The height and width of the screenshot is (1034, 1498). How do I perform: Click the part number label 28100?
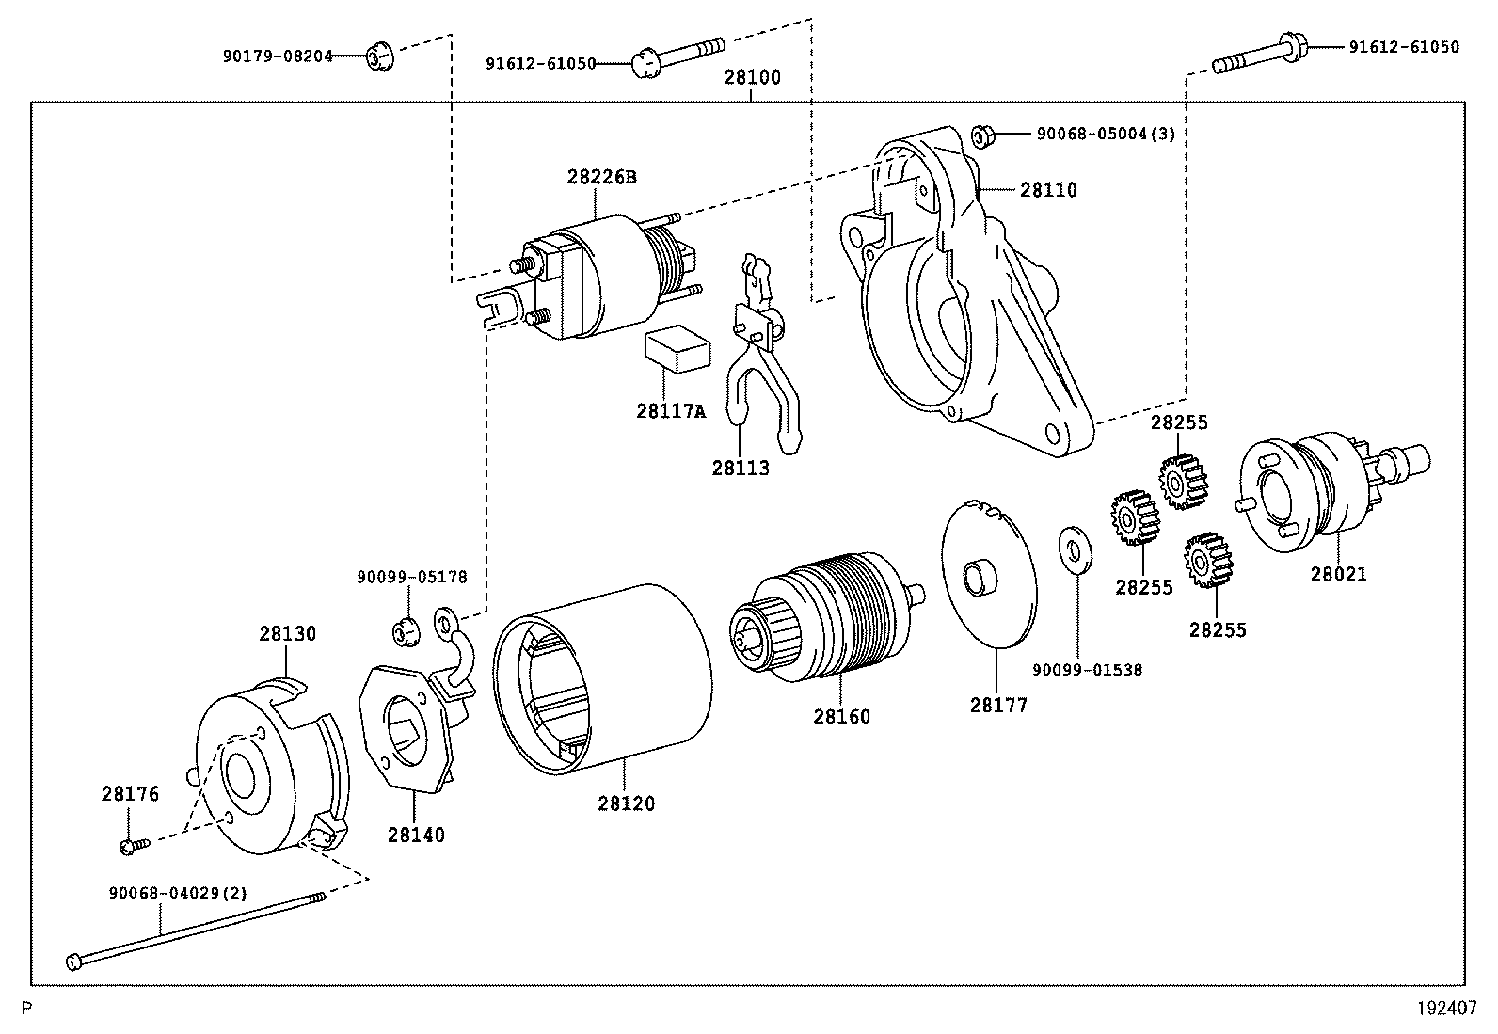pyautogui.click(x=752, y=77)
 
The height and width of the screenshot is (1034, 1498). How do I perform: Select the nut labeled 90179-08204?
pyautogui.click(x=379, y=56)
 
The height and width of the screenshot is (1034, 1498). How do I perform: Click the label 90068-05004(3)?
pyautogui.click(x=1106, y=135)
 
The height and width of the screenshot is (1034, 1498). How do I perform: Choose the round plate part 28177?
pyautogui.click(x=988, y=574)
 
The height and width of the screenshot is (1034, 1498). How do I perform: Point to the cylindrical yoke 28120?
pyautogui.click(x=602, y=677)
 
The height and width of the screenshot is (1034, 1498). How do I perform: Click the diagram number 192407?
pyautogui.click(x=1447, y=1009)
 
